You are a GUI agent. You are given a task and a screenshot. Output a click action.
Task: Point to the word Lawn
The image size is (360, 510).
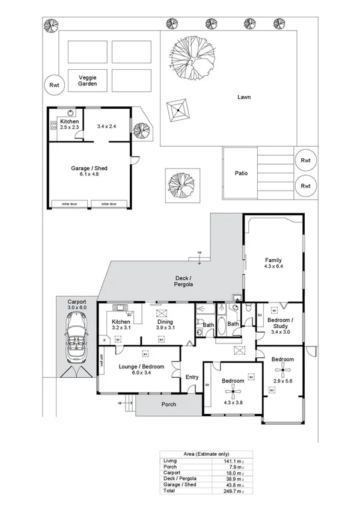pos(243,97)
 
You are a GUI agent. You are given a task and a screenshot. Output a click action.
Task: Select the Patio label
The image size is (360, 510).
pos(242,174)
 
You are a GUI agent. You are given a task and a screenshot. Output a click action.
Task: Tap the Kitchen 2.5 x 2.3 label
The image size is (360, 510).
pos(69,124)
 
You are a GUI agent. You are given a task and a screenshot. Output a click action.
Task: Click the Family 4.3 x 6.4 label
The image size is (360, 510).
pos(273,263)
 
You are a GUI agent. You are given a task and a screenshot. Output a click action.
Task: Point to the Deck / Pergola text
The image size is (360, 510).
pos(183,281)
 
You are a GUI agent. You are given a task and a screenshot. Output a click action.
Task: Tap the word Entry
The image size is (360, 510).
pos(192,377)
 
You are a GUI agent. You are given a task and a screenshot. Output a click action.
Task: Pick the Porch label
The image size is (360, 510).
pos(169,404)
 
